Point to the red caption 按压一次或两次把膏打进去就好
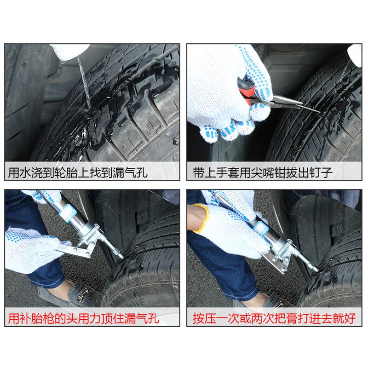tap(275, 317)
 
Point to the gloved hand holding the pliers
tap(221, 92)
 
